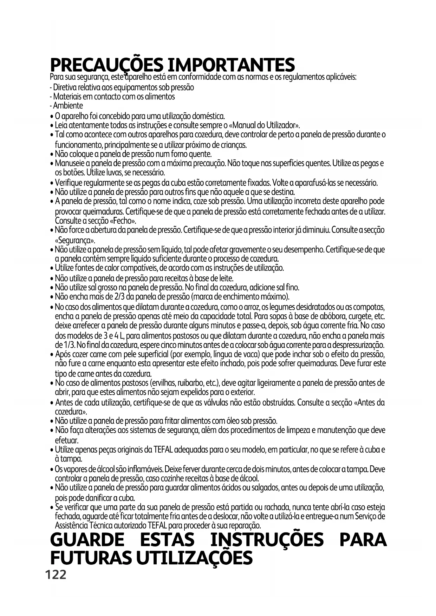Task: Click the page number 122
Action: click(56, 575)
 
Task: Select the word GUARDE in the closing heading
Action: click(87, 540)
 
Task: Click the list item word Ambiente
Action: click(68, 106)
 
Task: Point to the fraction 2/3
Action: click(121, 297)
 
